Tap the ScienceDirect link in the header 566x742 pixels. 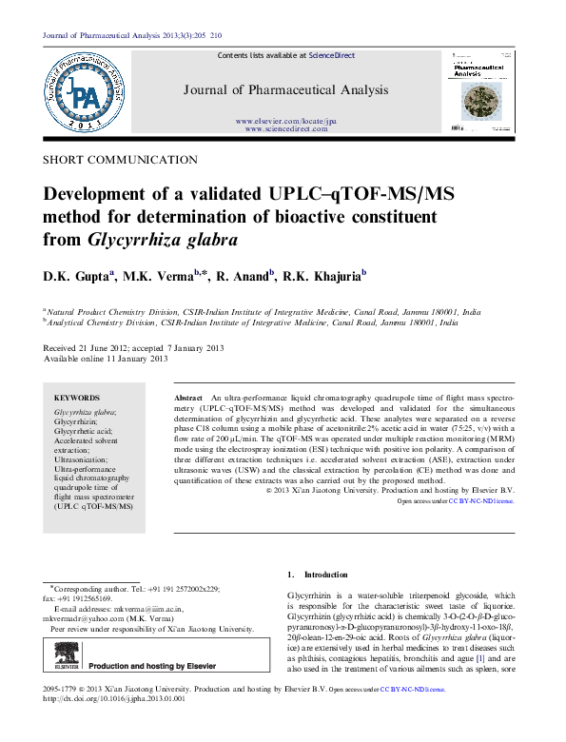pyautogui.click(x=332, y=56)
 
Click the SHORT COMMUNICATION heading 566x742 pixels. pyautogui.click(x=107, y=160)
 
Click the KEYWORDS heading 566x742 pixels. pyautogui.click(x=77, y=398)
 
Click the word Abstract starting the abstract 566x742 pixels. pyautogui.click(x=189, y=396)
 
